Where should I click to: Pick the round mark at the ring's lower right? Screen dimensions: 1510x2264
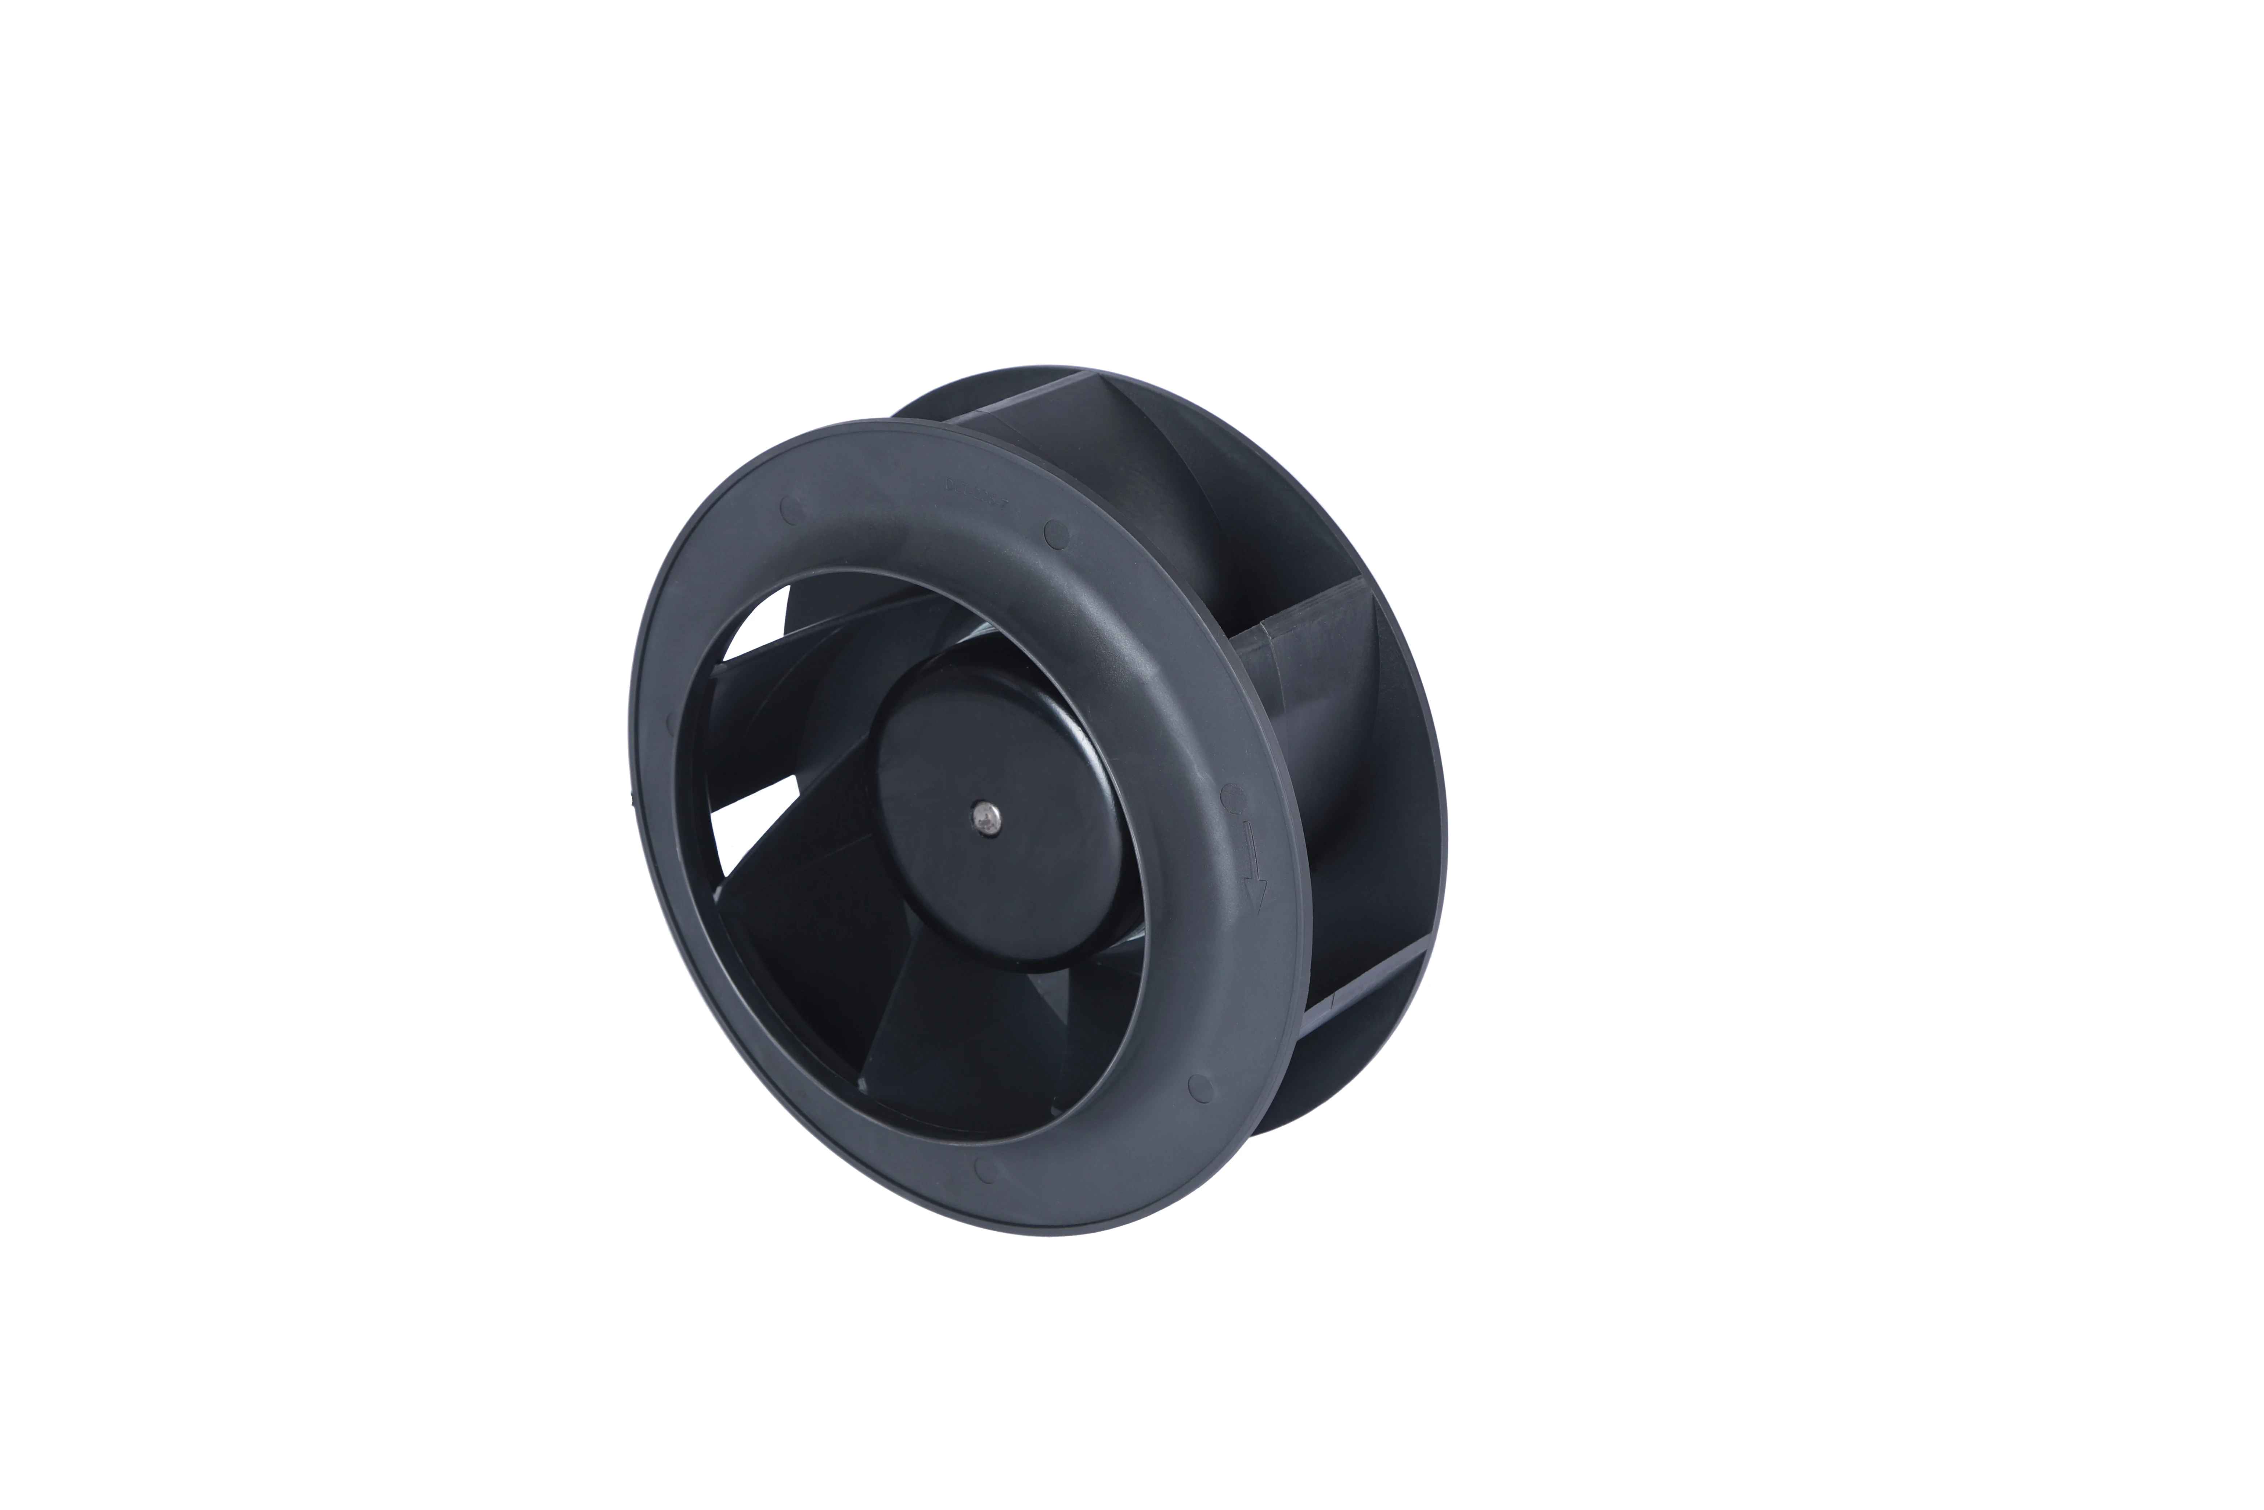click(1199, 1087)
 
